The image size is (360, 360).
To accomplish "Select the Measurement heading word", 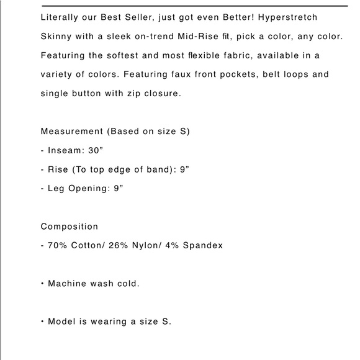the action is pyautogui.click(x=71, y=132).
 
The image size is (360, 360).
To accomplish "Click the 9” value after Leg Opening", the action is pyautogui.click(x=117, y=188).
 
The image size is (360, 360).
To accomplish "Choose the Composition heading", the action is pyautogui.click(x=70, y=227).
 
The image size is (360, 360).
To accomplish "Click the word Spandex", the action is pyautogui.click(x=202, y=245).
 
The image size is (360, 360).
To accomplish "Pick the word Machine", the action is pyautogui.click(x=68, y=284).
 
